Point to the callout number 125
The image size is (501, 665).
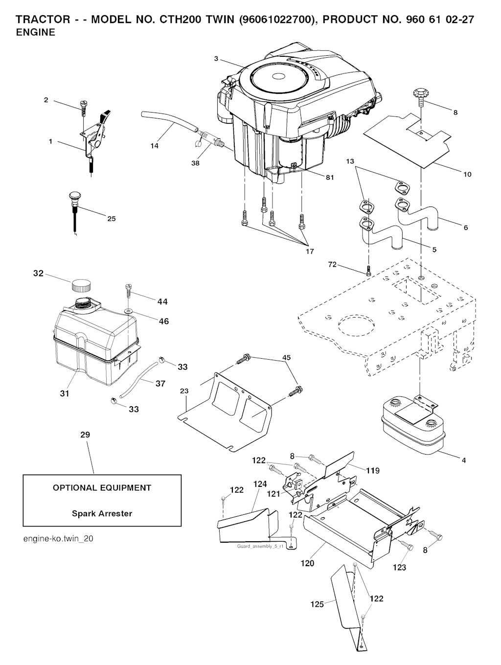(317, 604)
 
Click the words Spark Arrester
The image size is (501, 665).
(102, 513)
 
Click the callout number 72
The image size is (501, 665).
(333, 265)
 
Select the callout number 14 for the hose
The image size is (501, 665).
(155, 146)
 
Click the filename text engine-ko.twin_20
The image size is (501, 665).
(58, 539)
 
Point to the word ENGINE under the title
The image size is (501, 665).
(36, 33)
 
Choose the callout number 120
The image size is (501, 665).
(307, 563)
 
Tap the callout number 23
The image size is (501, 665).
(184, 391)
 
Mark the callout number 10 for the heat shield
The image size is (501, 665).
(467, 174)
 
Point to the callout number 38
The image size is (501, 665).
(195, 163)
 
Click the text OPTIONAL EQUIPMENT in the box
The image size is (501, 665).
(102, 487)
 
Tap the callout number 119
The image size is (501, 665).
(373, 471)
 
